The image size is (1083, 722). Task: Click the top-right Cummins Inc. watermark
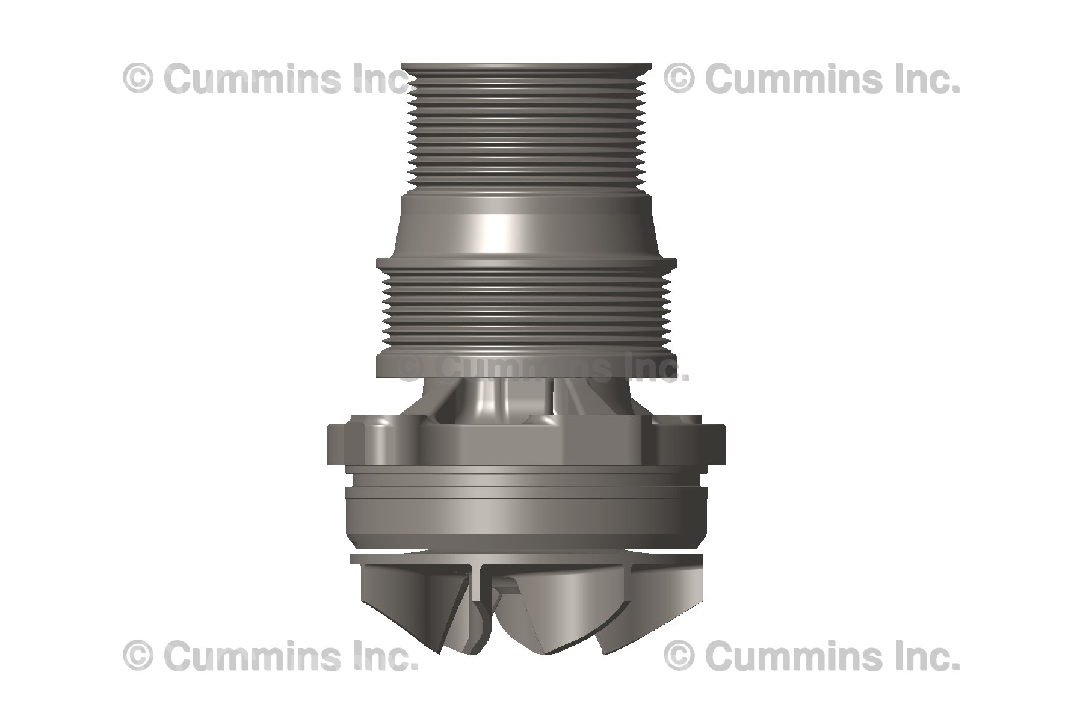tap(812, 79)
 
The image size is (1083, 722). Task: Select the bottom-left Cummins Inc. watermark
tap(270, 656)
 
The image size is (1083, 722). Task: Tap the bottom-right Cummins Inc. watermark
tap(812, 656)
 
